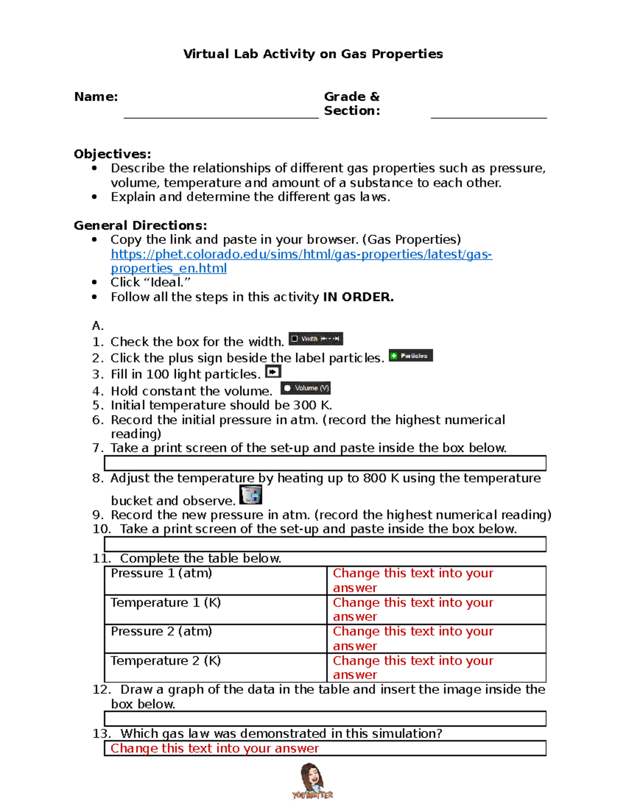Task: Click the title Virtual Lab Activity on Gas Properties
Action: click(x=313, y=54)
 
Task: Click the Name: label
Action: click(x=96, y=97)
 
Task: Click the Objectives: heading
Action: click(x=112, y=154)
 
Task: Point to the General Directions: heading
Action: click(x=140, y=225)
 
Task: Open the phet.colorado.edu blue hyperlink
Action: click(x=301, y=255)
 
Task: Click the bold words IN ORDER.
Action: click(x=358, y=297)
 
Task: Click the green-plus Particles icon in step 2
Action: click(x=411, y=356)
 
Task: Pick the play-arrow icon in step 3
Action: click(x=273, y=372)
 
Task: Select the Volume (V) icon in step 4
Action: click(x=306, y=388)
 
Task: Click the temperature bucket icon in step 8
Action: click(x=250, y=494)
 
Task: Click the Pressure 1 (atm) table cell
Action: click(x=162, y=574)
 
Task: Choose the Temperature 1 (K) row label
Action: click(x=166, y=603)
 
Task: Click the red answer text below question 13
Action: click(x=214, y=748)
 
